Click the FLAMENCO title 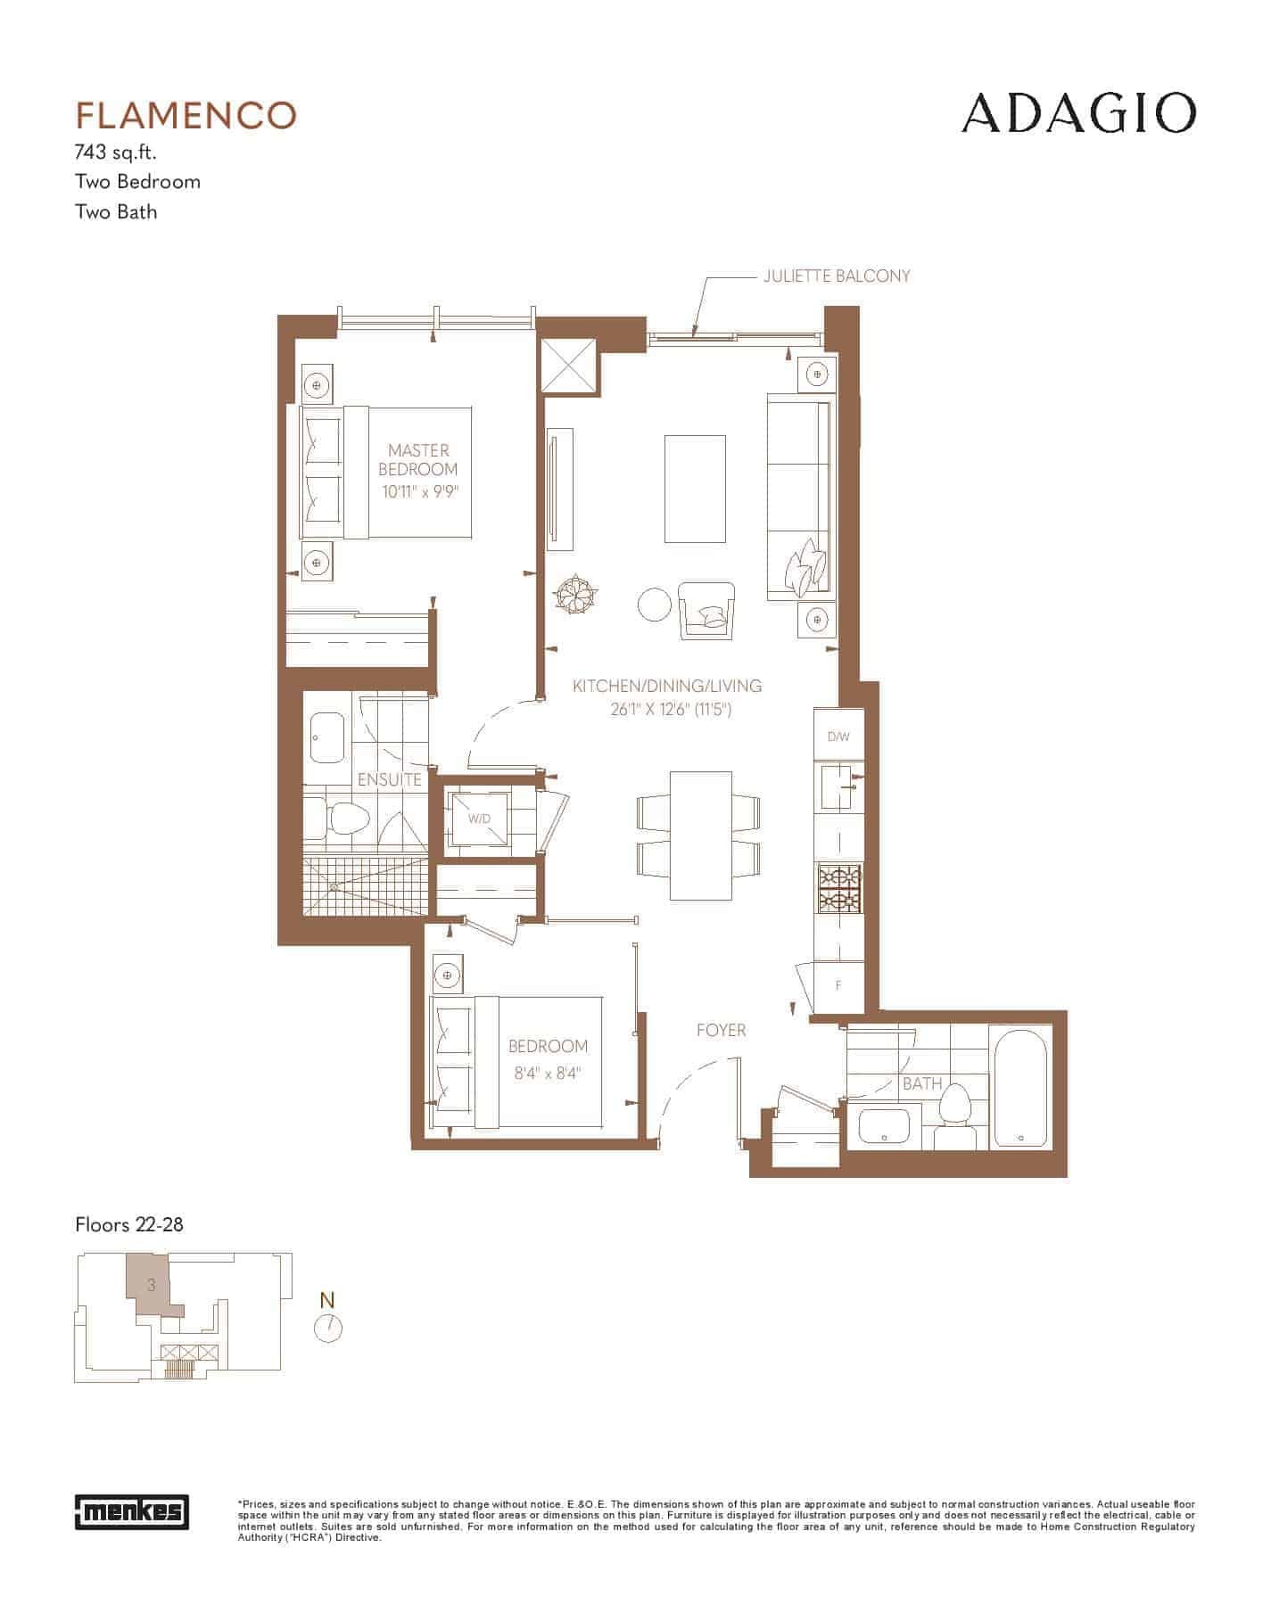(186, 115)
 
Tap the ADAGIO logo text (1078, 113)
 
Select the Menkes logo (131, 1510)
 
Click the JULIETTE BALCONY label (837, 276)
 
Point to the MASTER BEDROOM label (418, 460)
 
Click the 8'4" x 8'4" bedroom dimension (548, 1074)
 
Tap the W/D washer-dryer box (480, 819)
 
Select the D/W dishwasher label (838, 737)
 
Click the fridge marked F (838, 986)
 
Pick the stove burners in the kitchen (838, 889)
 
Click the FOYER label (721, 1031)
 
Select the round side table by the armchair (655, 605)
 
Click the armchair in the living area (706, 611)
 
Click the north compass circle (328, 1329)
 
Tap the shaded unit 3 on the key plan (151, 1286)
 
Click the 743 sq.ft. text (116, 152)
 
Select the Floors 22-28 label (129, 1224)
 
